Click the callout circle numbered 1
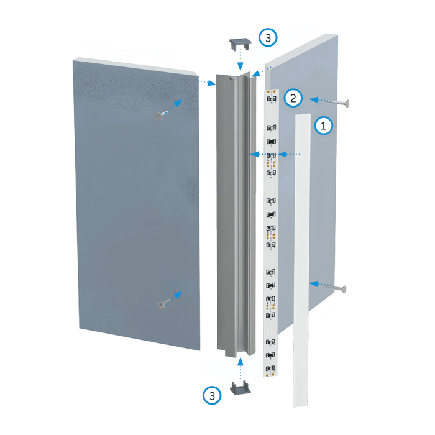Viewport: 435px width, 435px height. (324, 126)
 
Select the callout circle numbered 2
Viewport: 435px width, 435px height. (293, 98)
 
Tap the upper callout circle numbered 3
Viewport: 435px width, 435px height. (268, 37)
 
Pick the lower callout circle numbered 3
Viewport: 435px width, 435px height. (212, 395)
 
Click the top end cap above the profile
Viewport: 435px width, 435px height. (240, 44)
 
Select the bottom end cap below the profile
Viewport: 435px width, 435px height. (240, 387)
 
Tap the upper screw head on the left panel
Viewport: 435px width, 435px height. (159, 116)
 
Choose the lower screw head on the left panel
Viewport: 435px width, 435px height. (160, 306)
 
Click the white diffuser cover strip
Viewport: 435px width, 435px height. (301, 260)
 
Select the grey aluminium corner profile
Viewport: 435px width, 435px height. (236, 216)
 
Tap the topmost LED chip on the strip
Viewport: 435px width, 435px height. (272, 99)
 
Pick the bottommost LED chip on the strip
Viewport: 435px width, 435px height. (270, 369)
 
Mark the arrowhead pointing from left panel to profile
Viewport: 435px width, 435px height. (212, 83)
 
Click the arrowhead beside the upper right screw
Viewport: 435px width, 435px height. (313, 99)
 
